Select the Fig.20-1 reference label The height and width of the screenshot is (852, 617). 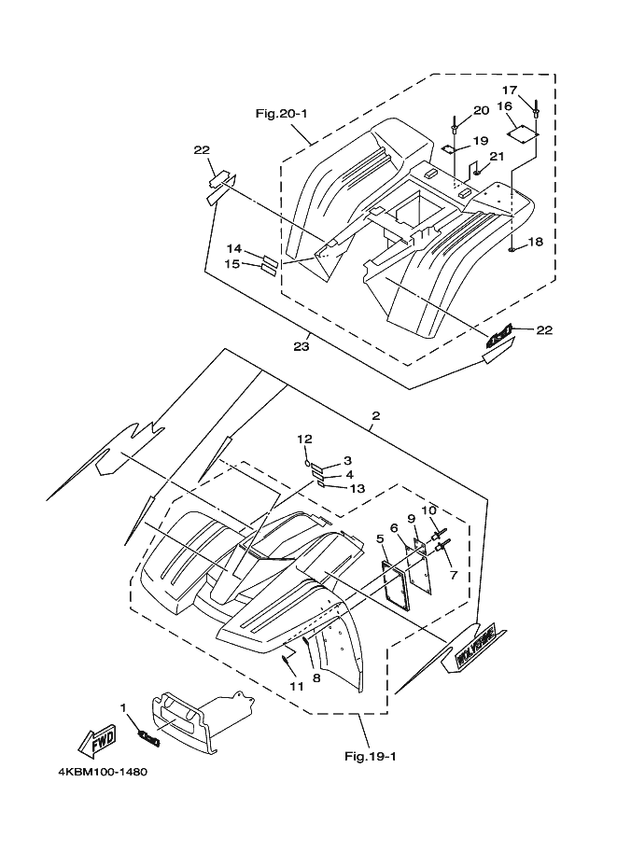click(x=282, y=114)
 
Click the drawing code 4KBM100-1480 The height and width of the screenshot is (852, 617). click(x=96, y=773)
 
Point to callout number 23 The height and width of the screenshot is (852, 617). click(x=301, y=346)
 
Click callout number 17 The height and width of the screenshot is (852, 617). click(x=510, y=90)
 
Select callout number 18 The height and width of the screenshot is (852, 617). click(x=536, y=243)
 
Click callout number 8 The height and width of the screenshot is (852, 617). click(x=316, y=678)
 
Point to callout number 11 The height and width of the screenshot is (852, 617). click(x=296, y=686)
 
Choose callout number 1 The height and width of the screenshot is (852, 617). click(x=122, y=707)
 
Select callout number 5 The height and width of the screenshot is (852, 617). click(x=381, y=538)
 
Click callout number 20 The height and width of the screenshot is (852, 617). click(x=481, y=110)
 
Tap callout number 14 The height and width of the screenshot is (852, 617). click(x=234, y=249)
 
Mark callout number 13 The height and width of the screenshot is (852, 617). click(x=357, y=488)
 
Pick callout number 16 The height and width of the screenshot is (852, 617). click(x=505, y=106)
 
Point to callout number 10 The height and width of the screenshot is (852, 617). click(x=428, y=510)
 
